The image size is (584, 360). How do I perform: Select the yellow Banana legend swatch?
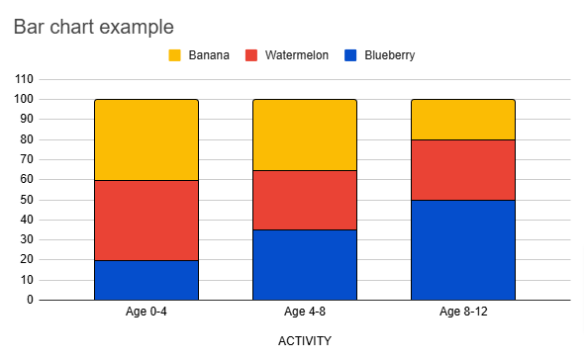(175, 55)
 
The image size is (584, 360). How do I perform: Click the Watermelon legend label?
(297, 55)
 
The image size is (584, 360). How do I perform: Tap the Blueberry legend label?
(388, 55)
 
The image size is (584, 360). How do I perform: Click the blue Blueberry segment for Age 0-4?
(146, 280)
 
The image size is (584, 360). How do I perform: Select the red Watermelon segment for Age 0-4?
(146, 220)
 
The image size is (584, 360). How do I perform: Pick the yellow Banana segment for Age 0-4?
(146, 139)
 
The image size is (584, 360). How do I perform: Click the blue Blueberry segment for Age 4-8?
(305, 264)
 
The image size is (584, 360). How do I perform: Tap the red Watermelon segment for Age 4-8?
(305, 200)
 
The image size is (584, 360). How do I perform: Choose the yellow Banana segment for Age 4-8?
(305, 135)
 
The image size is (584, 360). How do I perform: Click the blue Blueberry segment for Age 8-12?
(463, 249)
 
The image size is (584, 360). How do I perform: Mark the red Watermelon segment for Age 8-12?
(463, 169)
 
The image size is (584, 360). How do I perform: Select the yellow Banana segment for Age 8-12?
(463, 120)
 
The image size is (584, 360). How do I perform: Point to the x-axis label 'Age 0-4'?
(146, 314)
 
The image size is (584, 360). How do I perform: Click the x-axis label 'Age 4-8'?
(305, 314)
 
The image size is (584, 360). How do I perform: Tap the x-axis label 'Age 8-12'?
(463, 314)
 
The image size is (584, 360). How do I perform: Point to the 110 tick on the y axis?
(24, 79)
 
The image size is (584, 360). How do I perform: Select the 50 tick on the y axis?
(27, 200)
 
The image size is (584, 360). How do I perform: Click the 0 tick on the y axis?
(31, 300)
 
